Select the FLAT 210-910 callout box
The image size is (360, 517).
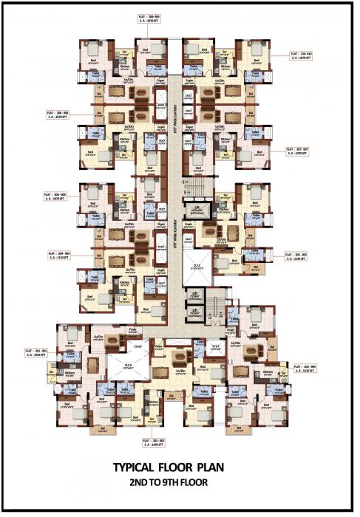pos(302,56)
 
